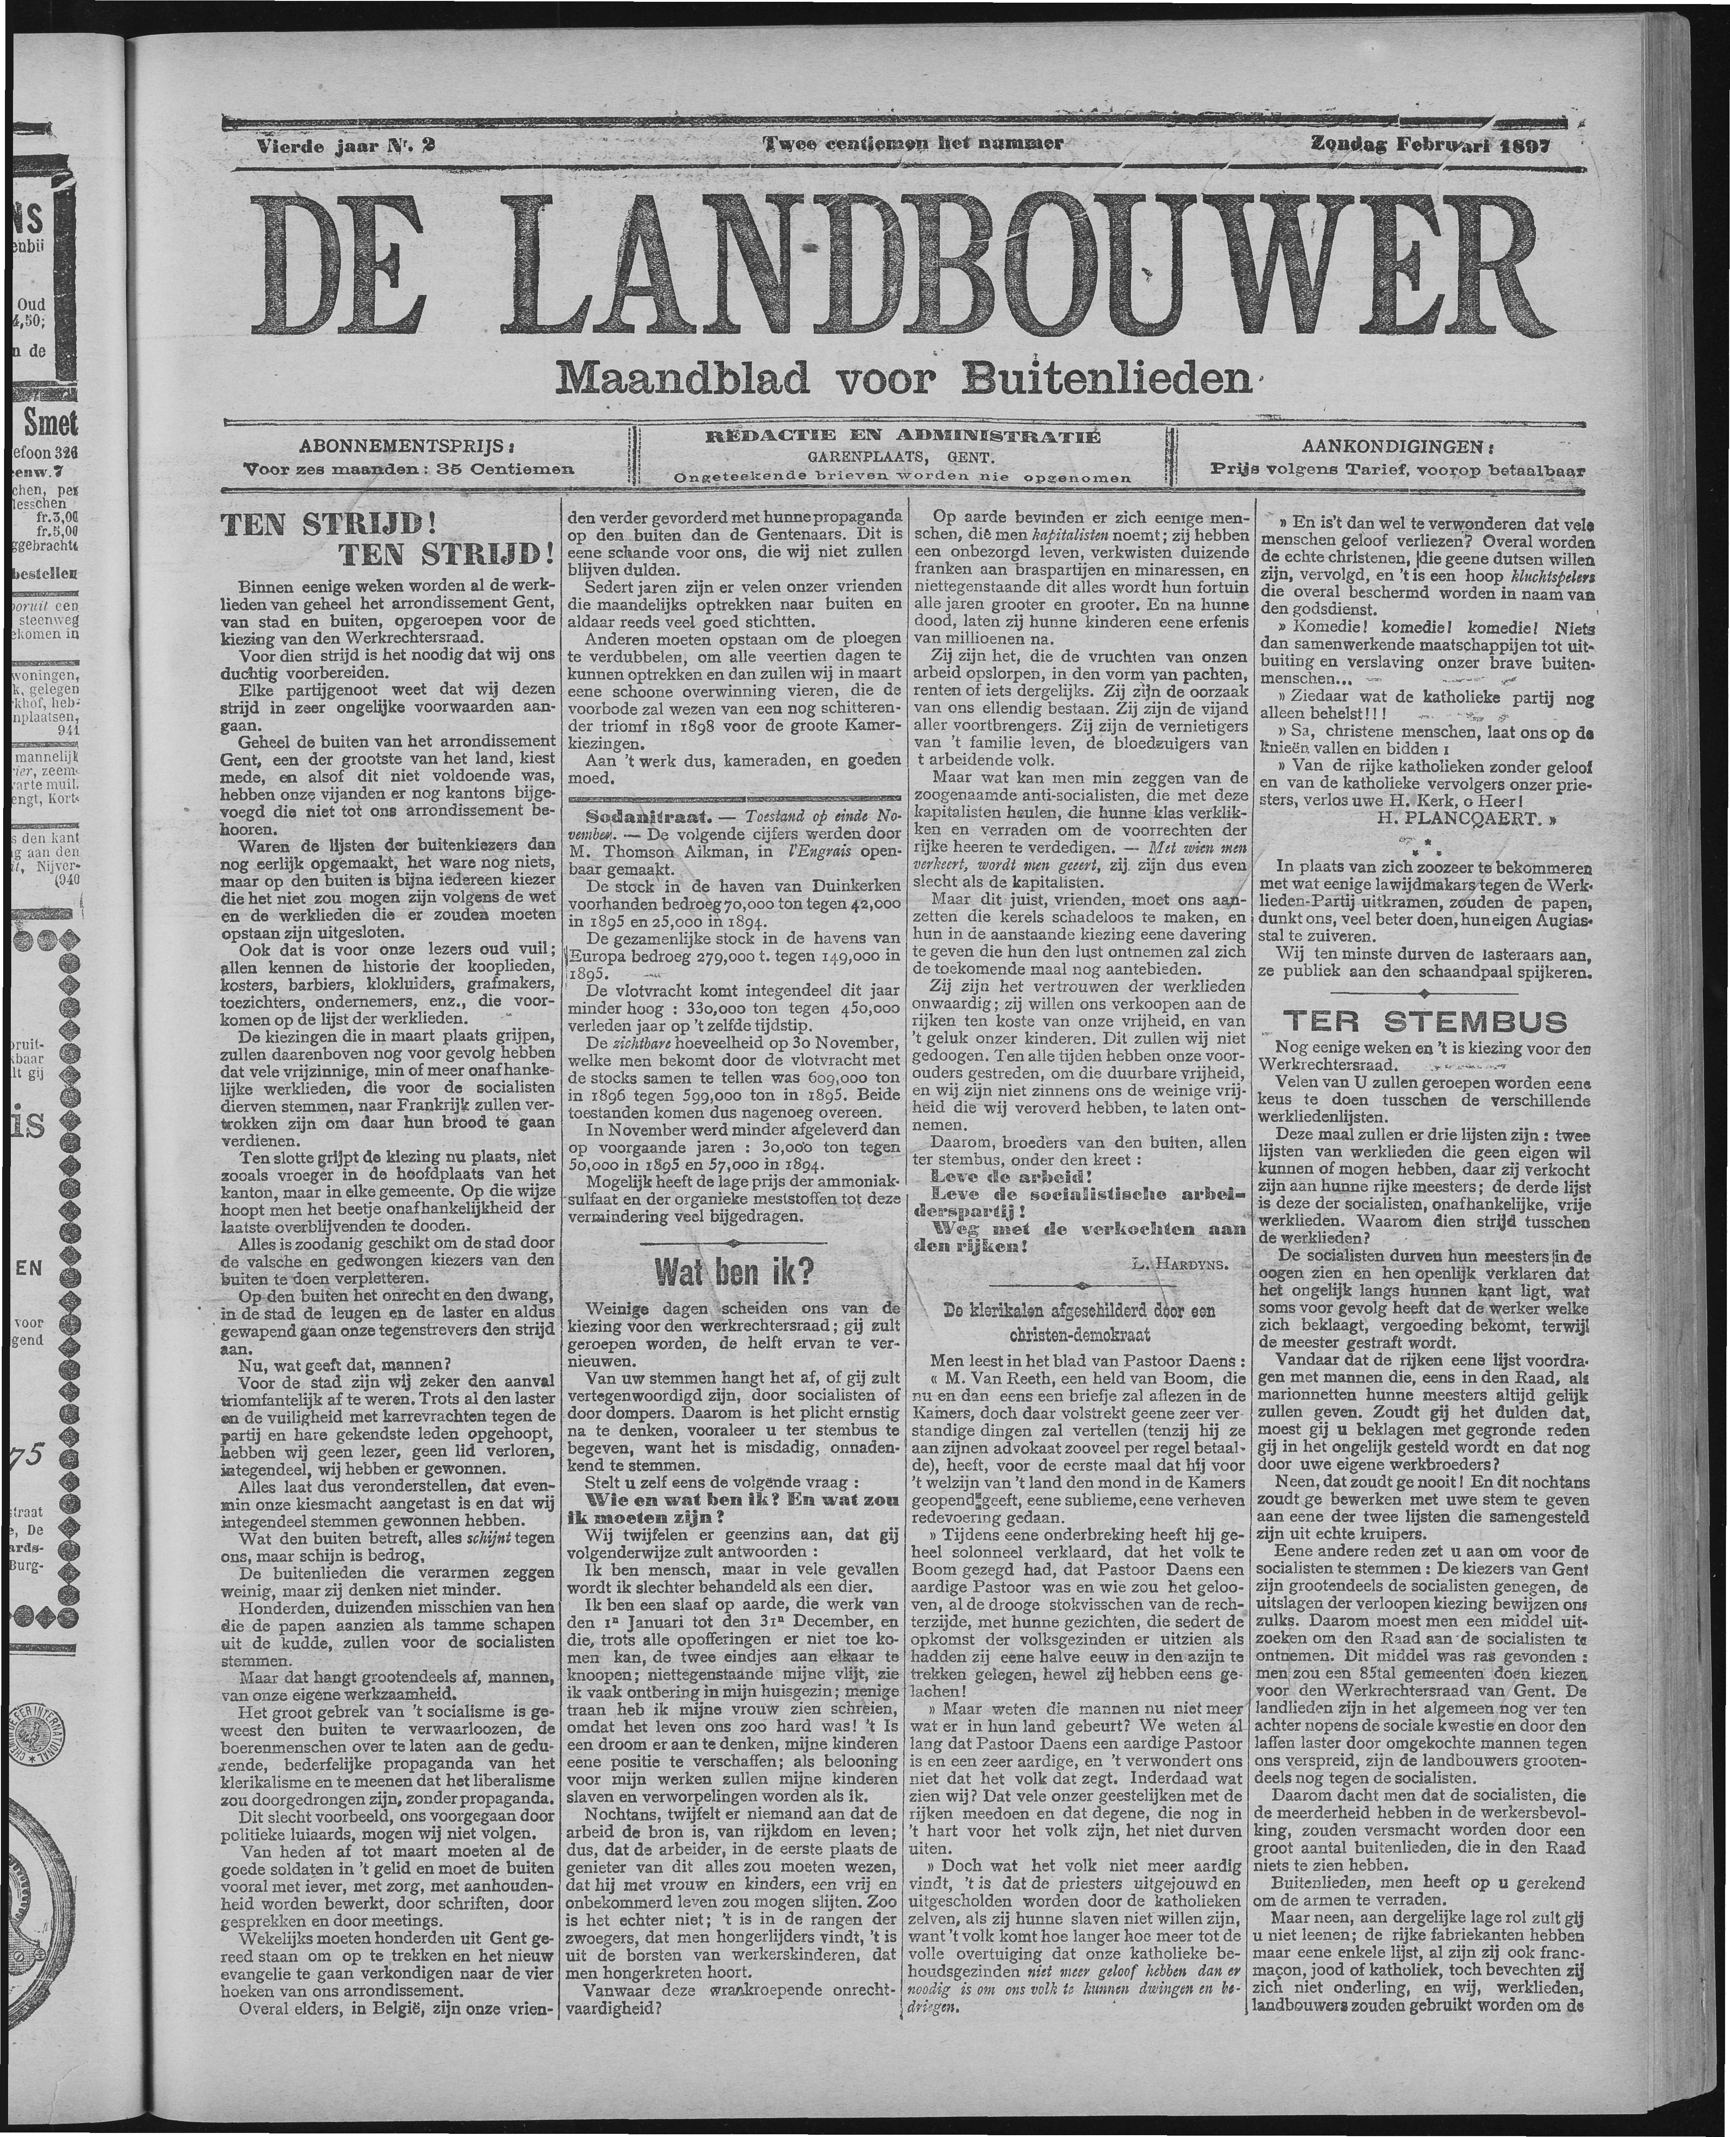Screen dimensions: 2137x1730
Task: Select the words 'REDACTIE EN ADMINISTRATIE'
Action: pyautogui.click(x=902, y=436)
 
